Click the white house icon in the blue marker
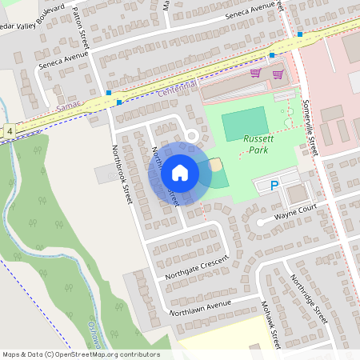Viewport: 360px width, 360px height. tap(179, 173)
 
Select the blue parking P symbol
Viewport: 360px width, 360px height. tap(274, 186)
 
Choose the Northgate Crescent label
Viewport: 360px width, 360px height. tap(196, 268)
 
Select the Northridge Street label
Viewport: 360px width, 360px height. tap(309, 298)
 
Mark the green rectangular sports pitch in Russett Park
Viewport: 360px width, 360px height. tap(244, 124)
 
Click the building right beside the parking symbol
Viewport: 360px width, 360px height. tap(298, 193)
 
